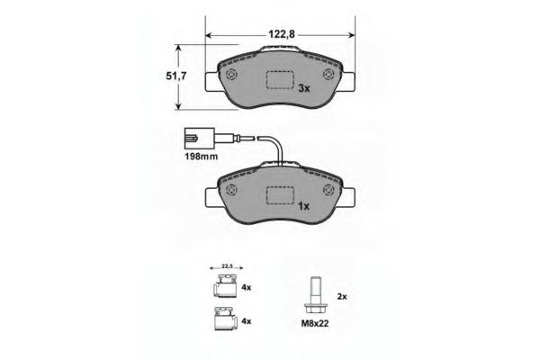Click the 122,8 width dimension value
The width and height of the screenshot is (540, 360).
(x=282, y=34)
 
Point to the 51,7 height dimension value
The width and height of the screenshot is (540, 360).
(x=176, y=76)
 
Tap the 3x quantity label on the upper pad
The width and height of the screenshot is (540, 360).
(x=304, y=88)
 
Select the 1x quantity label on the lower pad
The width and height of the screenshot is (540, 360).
(x=304, y=206)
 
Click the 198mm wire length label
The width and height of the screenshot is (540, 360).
(x=202, y=156)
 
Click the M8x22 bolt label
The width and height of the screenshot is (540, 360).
(x=315, y=323)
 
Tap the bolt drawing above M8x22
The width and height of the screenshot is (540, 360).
(x=315, y=294)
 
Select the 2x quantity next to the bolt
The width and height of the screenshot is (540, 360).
(x=342, y=296)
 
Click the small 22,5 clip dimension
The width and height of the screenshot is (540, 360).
(x=227, y=266)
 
